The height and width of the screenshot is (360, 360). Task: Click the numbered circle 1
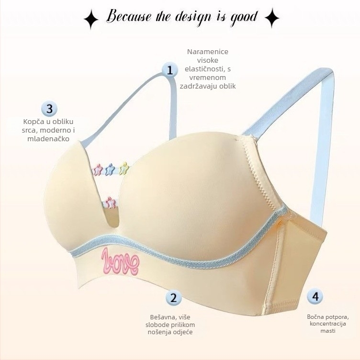(169, 70)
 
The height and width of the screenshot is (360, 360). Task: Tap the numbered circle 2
(174, 298)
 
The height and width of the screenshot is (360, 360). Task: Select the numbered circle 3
(50, 109)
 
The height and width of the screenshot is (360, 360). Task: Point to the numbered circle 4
(315, 296)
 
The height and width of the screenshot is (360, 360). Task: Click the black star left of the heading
(91, 19)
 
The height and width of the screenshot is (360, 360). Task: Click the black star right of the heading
(272, 18)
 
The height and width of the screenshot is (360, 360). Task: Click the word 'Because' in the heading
(129, 16)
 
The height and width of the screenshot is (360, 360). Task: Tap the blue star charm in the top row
(110, 169)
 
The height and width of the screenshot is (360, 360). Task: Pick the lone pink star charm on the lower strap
(110, 202)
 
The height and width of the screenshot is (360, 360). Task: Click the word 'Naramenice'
(208, 52)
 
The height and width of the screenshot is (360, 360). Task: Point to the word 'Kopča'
(33, 122)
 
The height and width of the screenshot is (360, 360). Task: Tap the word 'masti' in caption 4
(328, 331)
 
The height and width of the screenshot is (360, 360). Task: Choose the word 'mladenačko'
(48, 139)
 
